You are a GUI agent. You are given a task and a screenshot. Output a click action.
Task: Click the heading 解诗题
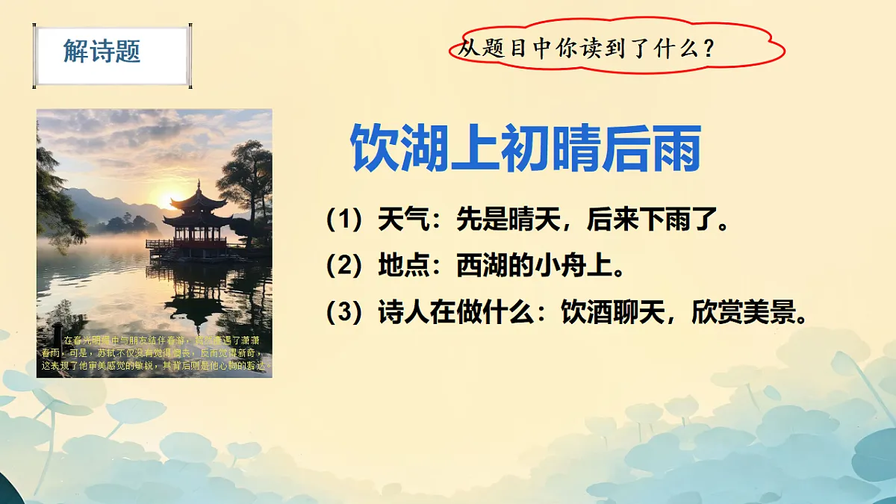pos(102,52)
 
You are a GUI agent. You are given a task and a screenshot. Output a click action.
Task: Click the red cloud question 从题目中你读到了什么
pos(586,49)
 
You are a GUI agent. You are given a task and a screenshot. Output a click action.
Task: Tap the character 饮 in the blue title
pos(374,149)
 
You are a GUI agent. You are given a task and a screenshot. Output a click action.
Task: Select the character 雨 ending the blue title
pos(675,149)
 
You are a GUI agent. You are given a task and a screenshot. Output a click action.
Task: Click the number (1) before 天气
pos(344,222)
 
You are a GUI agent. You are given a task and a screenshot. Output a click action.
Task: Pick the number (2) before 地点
pos(344,267)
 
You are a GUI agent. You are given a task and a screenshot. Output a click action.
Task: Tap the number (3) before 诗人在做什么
pos(344,313)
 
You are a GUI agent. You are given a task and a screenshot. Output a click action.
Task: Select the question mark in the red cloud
pos(709,50)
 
